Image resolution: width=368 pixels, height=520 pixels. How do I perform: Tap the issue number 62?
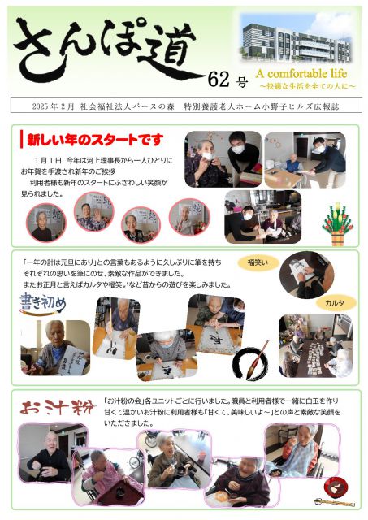[219, 79]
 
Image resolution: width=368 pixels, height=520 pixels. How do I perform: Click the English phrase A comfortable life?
[289, 73]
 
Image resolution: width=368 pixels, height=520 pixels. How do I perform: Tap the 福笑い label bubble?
[258, 262]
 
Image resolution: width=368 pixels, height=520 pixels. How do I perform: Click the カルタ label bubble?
[334, 302]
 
